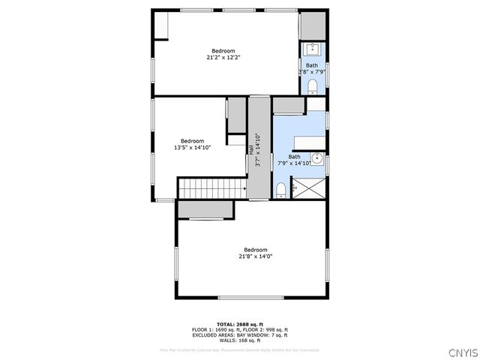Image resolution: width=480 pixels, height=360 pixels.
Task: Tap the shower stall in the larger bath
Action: click(x=316, y=187)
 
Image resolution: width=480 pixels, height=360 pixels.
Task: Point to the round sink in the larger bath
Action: click(x=317, y=157)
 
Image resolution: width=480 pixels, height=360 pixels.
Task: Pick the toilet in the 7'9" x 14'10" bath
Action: click(x=280, y=187)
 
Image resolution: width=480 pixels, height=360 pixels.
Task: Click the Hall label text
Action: click(x=250, y=149)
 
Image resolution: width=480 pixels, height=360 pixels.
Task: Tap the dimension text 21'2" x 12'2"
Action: click(x=223, y=57)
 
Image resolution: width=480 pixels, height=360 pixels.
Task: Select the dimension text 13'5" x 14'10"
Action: click(x=193, y=147)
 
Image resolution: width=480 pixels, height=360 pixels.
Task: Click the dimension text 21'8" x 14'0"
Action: click(x=255, y=256)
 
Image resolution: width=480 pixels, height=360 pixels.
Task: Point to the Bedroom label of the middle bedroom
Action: click(x=193, y=140)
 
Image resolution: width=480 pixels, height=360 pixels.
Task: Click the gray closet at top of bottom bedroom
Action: click(x=205, y=209)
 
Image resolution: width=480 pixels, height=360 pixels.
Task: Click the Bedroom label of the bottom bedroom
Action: click(x=255, y=249)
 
